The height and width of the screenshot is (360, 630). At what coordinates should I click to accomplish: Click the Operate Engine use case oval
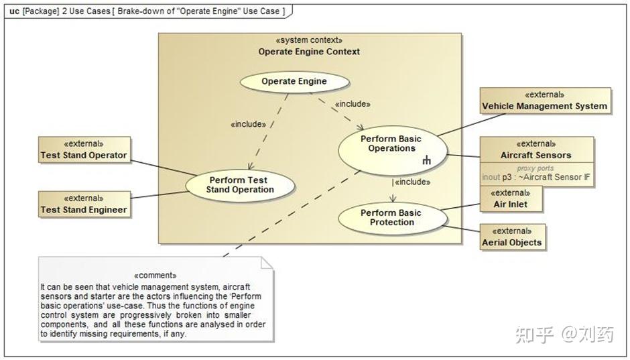click(294, 82)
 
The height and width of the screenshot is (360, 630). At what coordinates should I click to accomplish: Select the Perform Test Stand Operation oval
click(240, 186)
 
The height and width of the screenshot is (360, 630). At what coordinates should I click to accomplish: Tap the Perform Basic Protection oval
click(393, 218)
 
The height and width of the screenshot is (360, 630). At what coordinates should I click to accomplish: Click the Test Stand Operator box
click(84, 150)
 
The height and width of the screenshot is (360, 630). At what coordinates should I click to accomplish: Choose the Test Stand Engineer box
click(84, 204)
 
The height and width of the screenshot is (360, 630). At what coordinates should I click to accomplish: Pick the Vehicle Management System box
click(546, 101)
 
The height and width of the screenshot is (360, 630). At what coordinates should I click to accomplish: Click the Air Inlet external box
click(511, 199)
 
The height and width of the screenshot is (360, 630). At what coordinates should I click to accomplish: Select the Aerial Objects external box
click(513, 237)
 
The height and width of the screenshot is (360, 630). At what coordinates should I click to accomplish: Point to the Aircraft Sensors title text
click(535, 155)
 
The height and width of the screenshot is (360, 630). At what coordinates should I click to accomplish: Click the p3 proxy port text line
click(536, 177)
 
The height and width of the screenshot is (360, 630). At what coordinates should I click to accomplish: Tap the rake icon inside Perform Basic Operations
click(427, 160)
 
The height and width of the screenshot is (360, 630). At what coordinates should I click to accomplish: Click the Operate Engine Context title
click(309, 52)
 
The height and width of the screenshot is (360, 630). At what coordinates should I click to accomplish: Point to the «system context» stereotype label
click(309, 40)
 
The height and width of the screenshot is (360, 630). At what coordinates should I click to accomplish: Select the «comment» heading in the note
click(155, 276)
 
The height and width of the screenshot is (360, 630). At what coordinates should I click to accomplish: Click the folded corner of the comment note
click(267, 263)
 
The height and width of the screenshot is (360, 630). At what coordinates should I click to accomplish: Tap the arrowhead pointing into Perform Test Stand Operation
click(250, 166)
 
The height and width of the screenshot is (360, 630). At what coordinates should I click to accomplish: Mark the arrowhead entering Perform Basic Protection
click(393, 198)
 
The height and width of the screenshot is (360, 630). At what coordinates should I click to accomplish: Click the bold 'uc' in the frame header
click(14, 11)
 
